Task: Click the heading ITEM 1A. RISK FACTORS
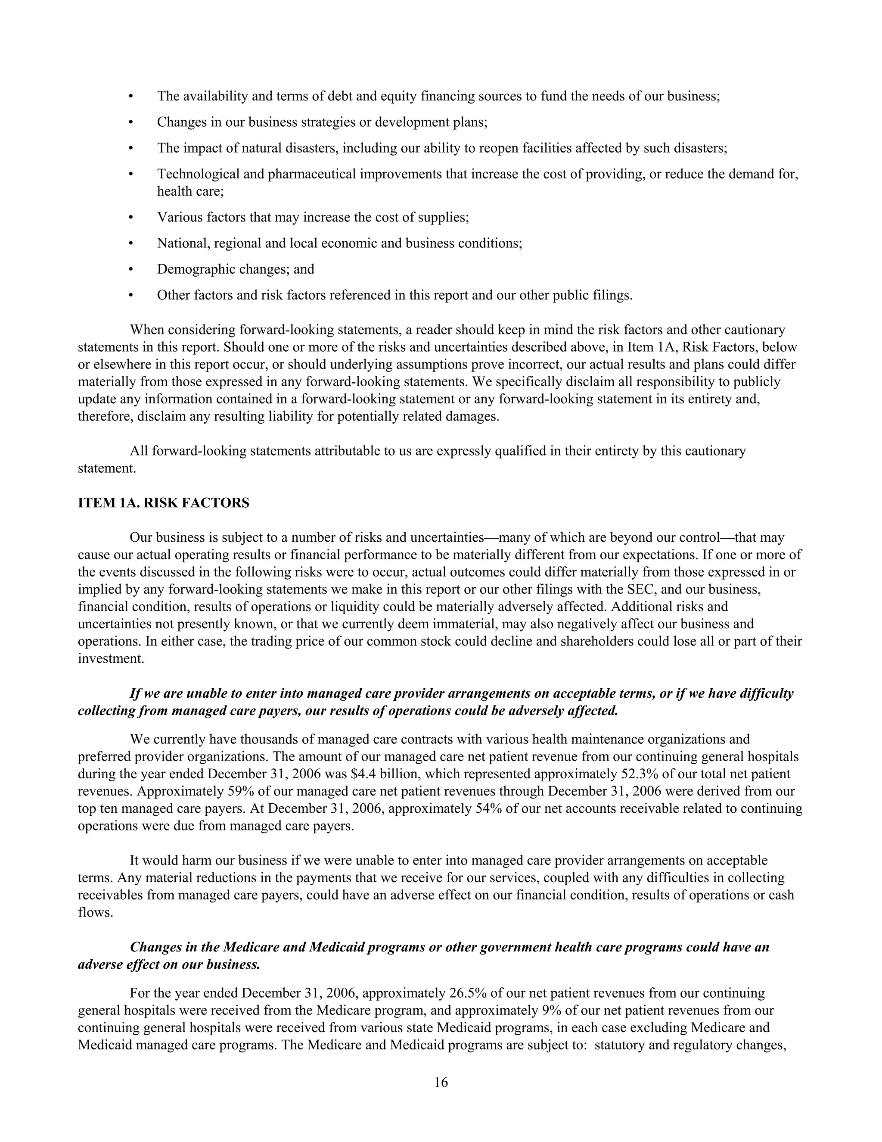click(164, 503)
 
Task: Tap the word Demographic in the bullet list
click(196, 269)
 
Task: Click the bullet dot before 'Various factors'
click(131, 218)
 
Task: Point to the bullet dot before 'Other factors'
click(131, 296)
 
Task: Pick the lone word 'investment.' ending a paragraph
click(111, 658)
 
